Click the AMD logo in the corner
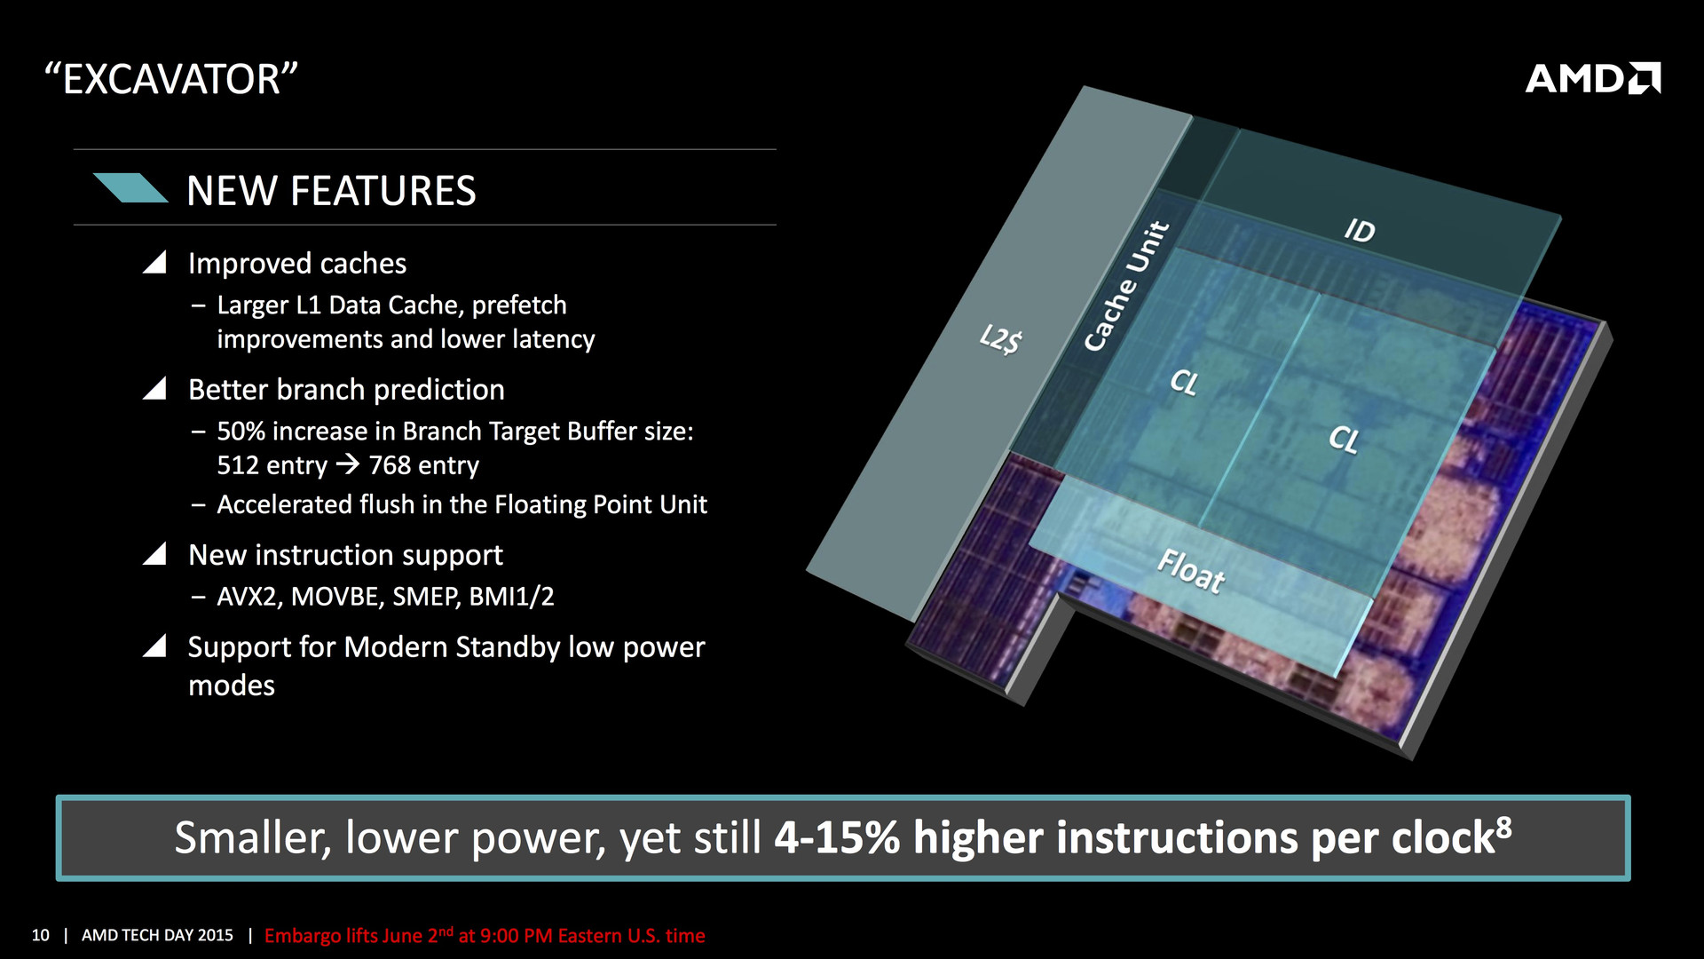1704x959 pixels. coord(1593,78)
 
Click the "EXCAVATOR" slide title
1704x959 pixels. coord(171,79)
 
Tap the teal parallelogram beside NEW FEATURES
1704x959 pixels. coord(130,188)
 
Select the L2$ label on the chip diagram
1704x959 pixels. coord(1001,339)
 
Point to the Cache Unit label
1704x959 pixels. coord(1127,286)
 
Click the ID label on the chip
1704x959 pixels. coord(1360,231)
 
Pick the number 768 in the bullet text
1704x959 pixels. coord(390,464)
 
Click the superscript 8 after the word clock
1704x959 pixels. coord(1503,826)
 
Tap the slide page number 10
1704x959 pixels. coord(41,935)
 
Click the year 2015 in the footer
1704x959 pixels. coord(216,935)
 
